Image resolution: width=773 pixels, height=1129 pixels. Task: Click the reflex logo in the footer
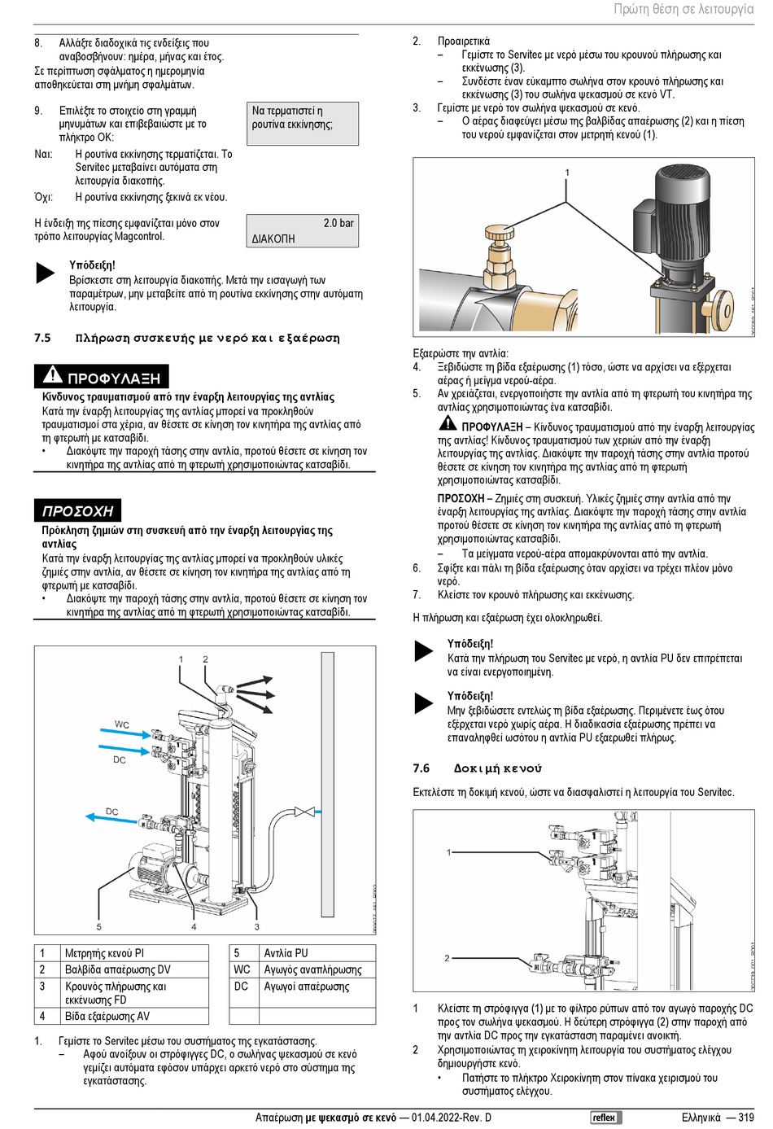click(x=605, y=1118)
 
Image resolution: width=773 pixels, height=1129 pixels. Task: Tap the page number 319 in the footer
click(x=745, y=1118)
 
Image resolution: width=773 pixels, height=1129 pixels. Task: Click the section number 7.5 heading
click(x=42, y=338)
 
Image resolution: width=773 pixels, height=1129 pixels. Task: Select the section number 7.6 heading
click(x=421, y=768)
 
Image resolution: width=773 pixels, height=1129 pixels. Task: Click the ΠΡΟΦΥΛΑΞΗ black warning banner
click(x=102, y=377)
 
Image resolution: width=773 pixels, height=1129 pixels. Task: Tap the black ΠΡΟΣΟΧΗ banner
click(x=77, y=510)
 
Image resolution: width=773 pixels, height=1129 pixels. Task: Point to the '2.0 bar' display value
click(x=338, y=223)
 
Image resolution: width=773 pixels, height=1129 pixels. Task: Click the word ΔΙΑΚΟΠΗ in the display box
click(x=273, y=239)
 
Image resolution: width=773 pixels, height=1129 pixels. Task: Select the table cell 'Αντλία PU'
click(x=286, y=952)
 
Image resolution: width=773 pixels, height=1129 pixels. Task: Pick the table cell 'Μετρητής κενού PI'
click(x=104, y=952)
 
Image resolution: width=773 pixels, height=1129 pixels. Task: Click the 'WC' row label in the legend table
click(x=242, y=969)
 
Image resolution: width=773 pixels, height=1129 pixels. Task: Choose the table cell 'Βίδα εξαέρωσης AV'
click(x=107, y=1016)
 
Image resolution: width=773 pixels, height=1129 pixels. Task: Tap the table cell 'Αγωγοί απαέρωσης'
click(x=306, y=987)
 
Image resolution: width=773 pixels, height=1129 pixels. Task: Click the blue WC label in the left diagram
click(x=121, y=724)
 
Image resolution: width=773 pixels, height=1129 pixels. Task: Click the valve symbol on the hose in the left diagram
click(x=304, y=812)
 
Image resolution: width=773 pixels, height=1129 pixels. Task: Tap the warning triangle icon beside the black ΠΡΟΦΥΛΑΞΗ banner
click(x=52, y=375)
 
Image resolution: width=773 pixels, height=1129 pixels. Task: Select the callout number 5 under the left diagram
click(x=99, y=926)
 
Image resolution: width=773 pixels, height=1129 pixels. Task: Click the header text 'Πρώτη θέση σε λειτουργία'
click(x=683, y=9)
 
